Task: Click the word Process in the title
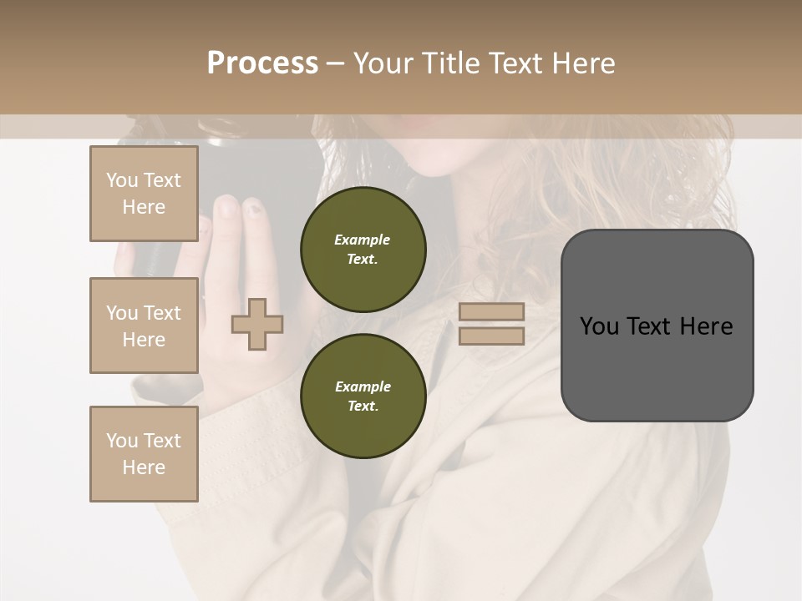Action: tap(262, 63)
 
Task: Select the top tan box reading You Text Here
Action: tap(144, 194)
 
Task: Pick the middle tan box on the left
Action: tap(144, 326)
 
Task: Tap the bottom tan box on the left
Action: tap(144, 453)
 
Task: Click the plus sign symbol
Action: tap(257, 325)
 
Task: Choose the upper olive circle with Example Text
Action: tap(363, 250)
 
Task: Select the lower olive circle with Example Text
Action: tap(363, 396)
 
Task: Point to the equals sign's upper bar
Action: tap(491, 312)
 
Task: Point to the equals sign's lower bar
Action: tap(491, 336)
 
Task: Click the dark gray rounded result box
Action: tap(657, 326)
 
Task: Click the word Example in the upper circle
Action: tap(363, 240)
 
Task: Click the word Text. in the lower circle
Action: tap(363, 407)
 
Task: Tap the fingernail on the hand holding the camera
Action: tap(226, 206)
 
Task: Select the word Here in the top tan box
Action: tap(144, 207)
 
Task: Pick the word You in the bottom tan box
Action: tap(122, 440)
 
